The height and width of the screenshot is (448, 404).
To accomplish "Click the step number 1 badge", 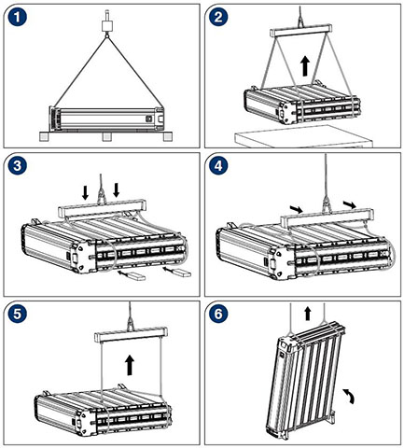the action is point(18,17).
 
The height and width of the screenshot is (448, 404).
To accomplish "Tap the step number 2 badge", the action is point(218,17).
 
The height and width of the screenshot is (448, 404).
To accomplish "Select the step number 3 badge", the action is point(18,165).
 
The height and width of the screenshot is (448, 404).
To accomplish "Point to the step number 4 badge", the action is point(218,165).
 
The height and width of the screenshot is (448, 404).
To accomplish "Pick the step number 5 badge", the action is point(18,314).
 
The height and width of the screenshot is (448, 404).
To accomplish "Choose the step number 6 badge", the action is point(218,314).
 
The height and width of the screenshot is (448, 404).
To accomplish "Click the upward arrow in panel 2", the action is point(306,66).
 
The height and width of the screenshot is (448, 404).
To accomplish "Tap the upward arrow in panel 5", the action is point(130,366).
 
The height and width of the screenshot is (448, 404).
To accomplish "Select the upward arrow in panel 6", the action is point(308,314).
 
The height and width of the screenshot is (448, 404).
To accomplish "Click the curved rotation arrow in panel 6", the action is point(350,396).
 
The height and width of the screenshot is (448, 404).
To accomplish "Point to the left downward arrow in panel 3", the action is point(85,193).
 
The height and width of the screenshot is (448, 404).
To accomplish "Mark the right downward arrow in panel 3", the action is point(117,190).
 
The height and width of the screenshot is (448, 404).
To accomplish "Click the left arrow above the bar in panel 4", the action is point(296,208).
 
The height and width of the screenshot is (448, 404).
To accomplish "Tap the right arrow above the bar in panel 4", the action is point(350,204).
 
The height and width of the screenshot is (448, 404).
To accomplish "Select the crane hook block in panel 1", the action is point(107,25).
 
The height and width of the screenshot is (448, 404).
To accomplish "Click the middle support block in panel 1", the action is point(106,137).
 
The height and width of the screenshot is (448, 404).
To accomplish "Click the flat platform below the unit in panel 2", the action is point(303,136).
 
